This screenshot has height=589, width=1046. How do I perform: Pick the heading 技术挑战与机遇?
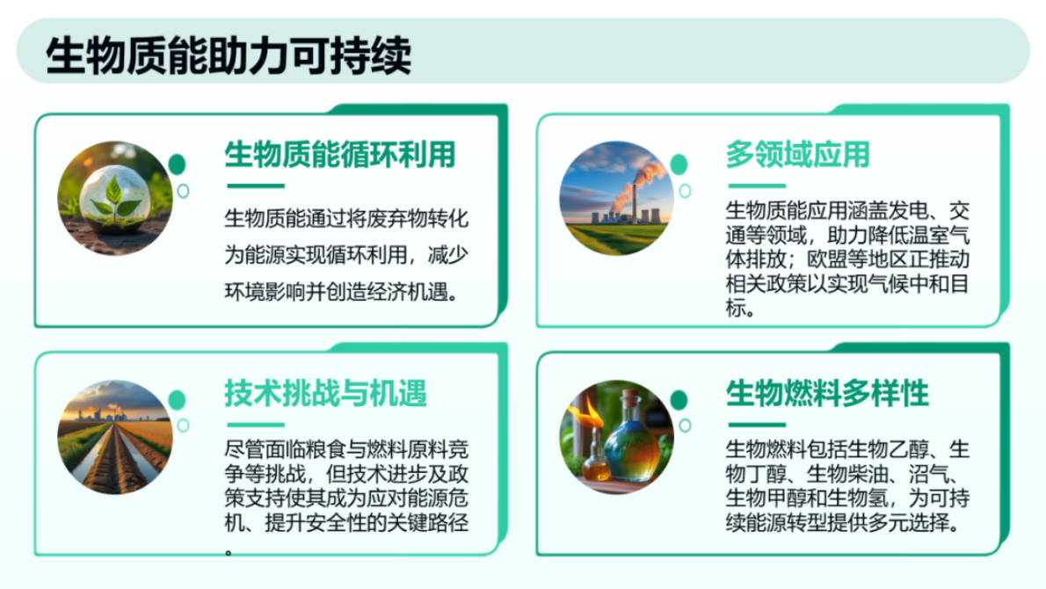[326, 391]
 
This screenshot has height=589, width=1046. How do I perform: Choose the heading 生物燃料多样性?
[827, 391]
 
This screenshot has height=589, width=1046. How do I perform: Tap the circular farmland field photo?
[115, 437]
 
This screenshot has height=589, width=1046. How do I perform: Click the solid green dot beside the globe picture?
[178, 164]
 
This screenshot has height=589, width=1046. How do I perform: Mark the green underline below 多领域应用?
[756, 185]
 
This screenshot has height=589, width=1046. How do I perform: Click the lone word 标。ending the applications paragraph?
[740, 310]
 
